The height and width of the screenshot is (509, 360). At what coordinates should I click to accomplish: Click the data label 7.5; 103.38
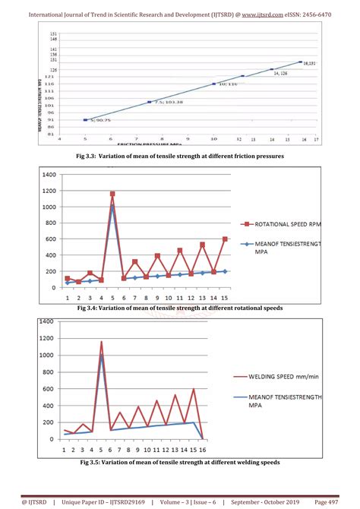(x=168, y=101)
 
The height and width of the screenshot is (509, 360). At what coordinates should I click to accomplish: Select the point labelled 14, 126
(x=271, y=70)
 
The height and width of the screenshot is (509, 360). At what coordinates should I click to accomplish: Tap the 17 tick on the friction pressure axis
(x=316, y=139)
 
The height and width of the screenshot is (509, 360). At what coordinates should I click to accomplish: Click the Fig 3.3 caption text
(x=180, y=156)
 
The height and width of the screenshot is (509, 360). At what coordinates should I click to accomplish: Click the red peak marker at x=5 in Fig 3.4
(x=112, y=194)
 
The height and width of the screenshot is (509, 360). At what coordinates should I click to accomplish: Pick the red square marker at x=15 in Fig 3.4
(x=225, y=239)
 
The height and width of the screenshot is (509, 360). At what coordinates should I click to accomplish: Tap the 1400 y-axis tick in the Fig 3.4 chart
(x=49, y=174)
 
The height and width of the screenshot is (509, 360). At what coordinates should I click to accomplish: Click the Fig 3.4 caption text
(x=180, y=308)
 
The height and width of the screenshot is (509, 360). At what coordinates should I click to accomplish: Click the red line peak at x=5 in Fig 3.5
(x=101, y=341)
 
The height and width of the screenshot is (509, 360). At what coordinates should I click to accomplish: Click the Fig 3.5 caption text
(x=180, y=462)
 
